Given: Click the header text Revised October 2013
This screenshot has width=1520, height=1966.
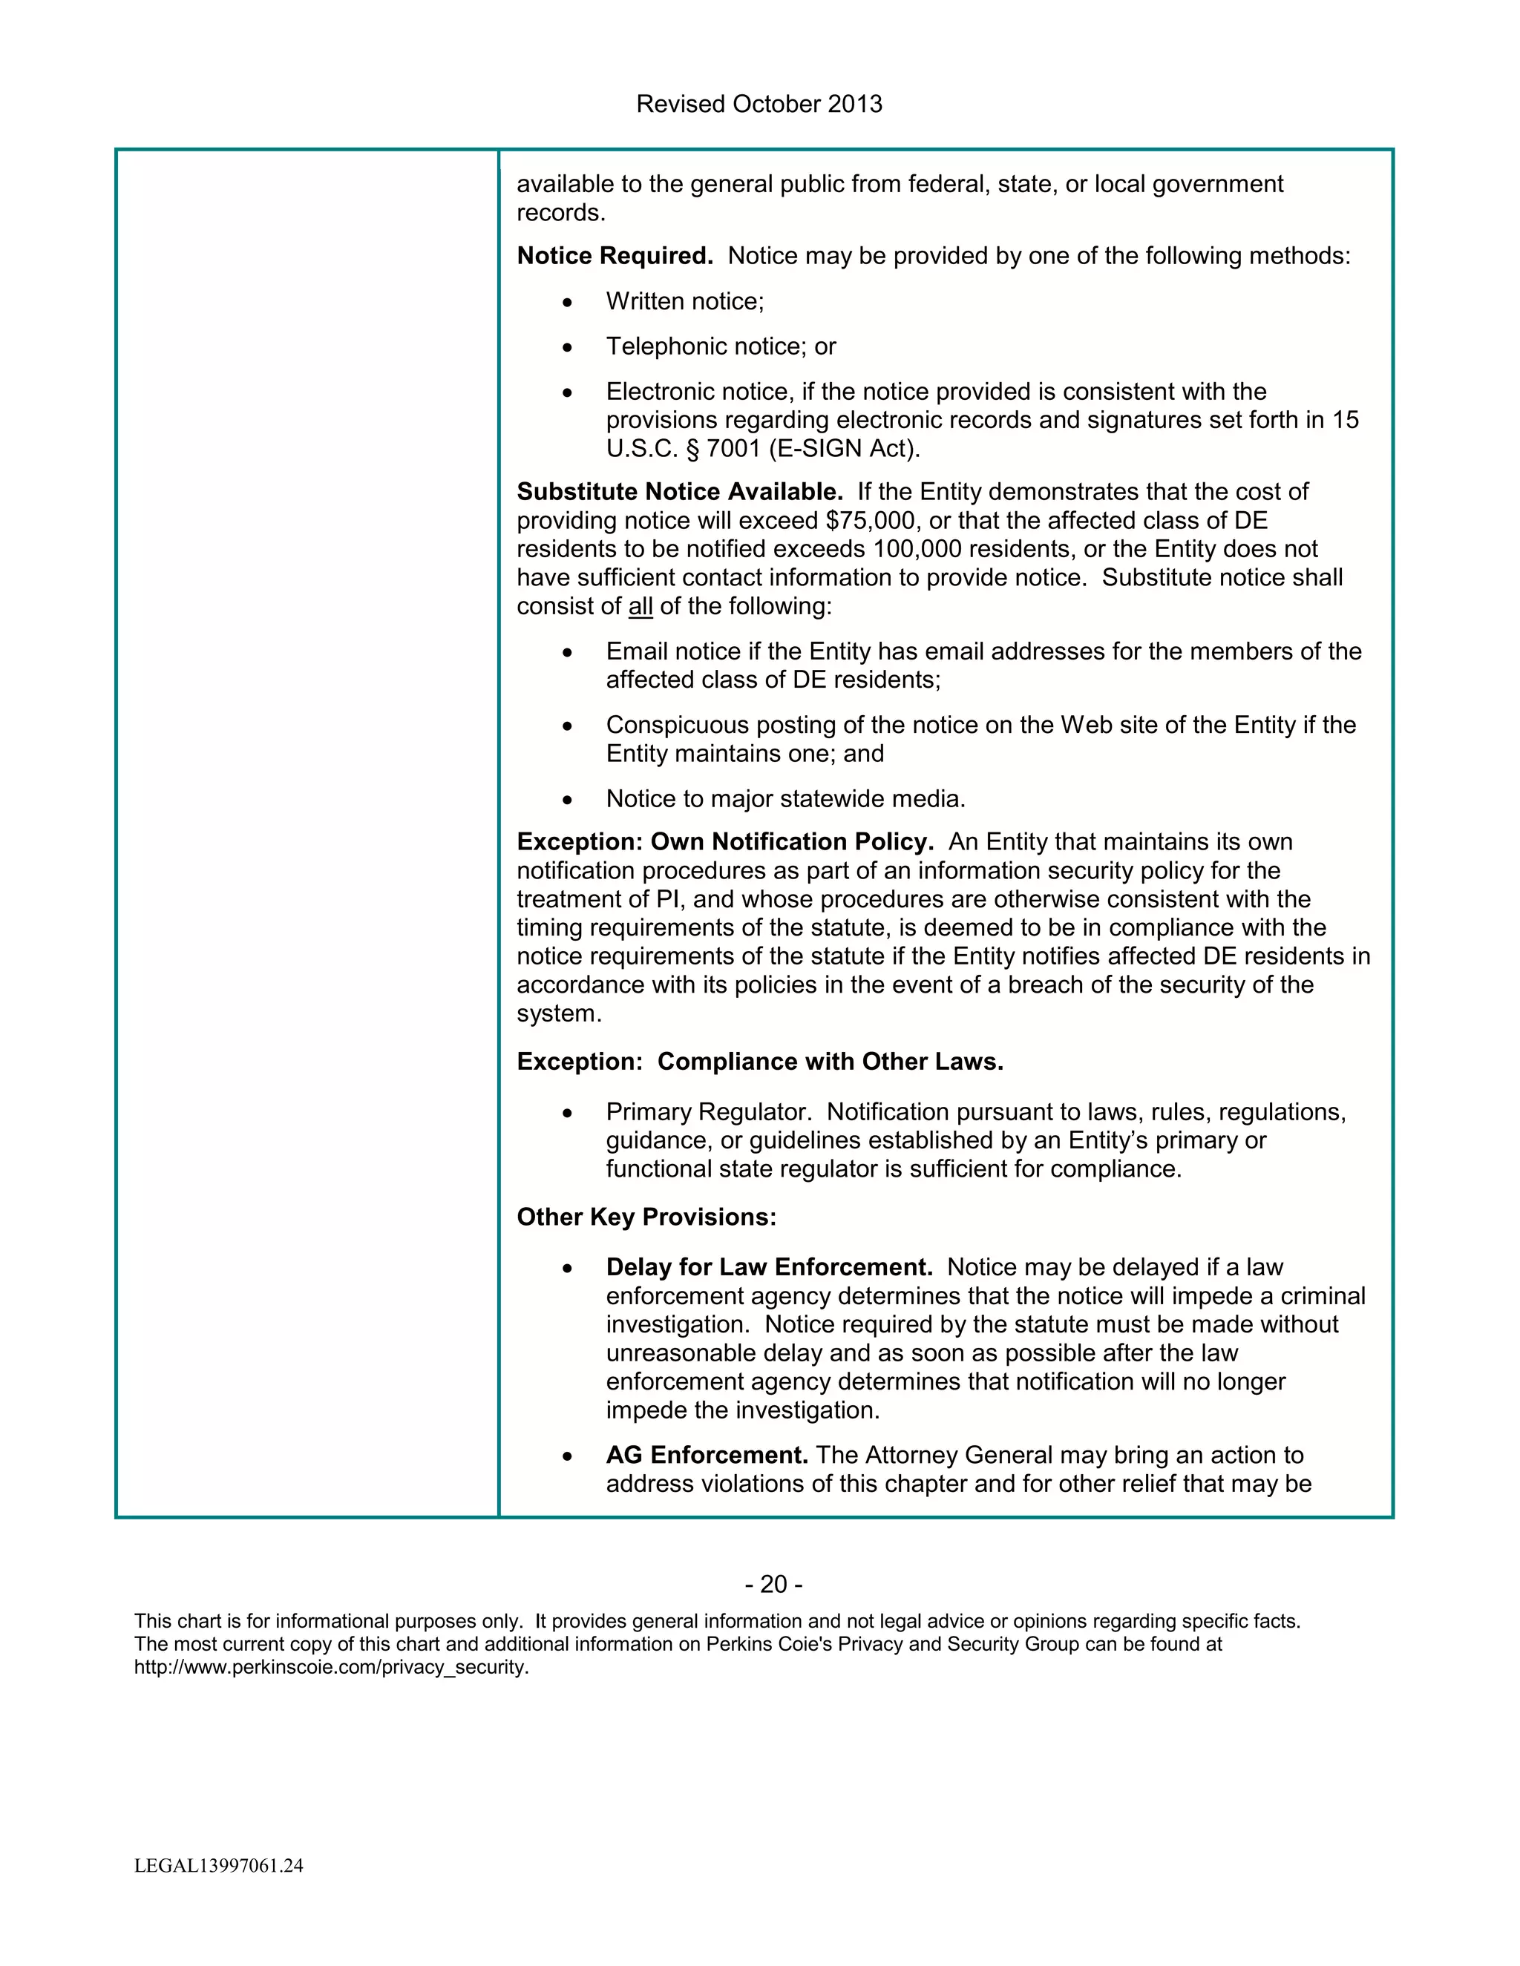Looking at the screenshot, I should [759, 105].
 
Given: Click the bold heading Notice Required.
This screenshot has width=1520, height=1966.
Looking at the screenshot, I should [614, 257].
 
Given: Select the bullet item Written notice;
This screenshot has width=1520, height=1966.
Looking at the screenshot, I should [684, 301].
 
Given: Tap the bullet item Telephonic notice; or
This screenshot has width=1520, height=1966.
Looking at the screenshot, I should [721, 346].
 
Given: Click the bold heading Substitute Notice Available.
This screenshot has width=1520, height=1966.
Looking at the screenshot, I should [679, 493].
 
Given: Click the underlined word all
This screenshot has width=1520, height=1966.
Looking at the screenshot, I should [641, 607].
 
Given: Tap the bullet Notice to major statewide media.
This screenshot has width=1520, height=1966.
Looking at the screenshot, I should [785, 799].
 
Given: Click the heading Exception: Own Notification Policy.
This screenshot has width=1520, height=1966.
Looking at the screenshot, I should [724, 843].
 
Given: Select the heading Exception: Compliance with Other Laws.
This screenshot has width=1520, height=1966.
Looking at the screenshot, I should [759, 1062].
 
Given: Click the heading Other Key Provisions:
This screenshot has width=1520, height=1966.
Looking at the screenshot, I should [646, 1218].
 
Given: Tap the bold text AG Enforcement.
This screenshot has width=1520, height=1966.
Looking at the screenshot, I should [706, 1456].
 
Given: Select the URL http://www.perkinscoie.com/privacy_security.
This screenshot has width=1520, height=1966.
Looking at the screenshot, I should [330, 1667].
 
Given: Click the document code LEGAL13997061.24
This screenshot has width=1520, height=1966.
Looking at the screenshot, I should [219, 1866].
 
